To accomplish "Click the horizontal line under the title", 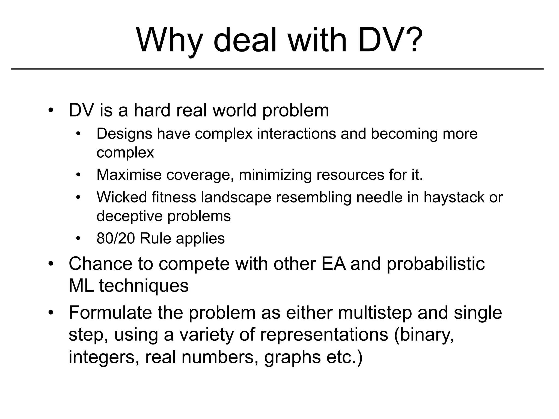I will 277,69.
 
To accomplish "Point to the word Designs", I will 124,134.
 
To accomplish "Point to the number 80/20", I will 116,238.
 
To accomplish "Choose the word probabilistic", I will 436,264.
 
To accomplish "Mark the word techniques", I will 144,286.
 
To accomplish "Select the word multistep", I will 375,313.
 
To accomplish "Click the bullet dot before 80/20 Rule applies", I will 79,239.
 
